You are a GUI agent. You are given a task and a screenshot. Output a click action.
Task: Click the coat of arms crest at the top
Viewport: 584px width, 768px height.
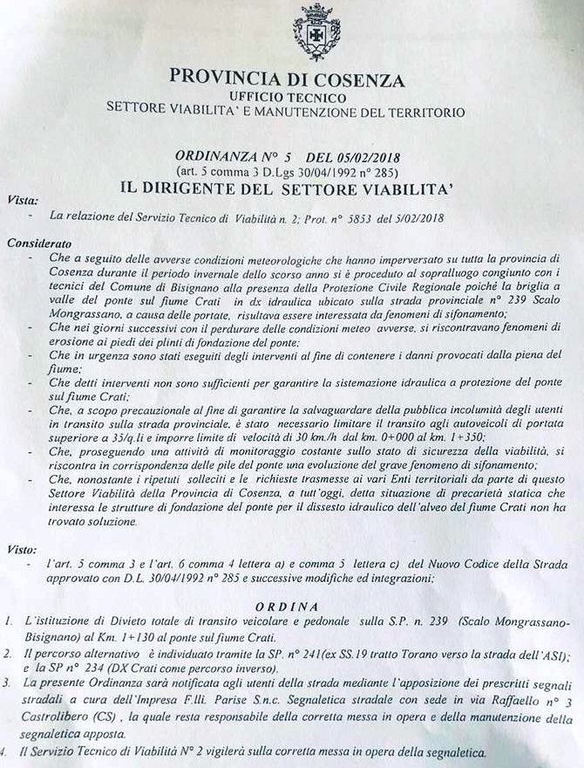point(316,32)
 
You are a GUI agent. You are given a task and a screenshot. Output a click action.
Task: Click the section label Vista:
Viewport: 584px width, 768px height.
point(22,201)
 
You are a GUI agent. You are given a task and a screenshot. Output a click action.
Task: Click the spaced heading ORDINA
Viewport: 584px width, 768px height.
point(295,607)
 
